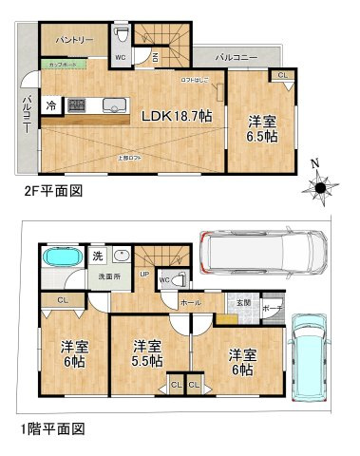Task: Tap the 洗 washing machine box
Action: [97, 256]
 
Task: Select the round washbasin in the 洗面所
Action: [121, 256]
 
